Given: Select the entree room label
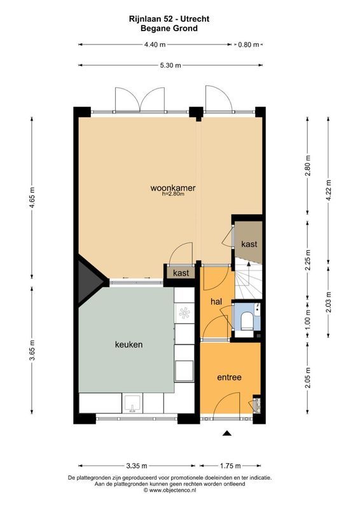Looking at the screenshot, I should pyautogui.click(x=229, y=377).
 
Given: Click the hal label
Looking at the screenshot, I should pyautogui.click(x=216, y=302).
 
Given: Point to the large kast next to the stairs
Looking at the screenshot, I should pyautogui.click(x=249, y=244).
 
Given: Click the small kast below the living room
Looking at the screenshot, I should pyautogui.click(x=181, y=273).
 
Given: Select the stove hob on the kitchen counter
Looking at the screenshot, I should pyautogui.click(x=184, y=314).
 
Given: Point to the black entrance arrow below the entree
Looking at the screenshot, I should pyautogui.click(x=226, y=434).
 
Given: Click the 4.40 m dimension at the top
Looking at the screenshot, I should pyautogui.click(x=155, y=45).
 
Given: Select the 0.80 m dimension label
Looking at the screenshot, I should pyautogui.click(x=247, y=45).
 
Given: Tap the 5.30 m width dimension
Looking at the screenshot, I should pyautogui.click(x=170, y=65).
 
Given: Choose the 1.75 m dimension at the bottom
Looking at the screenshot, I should pyautogui.click(x=231, y=465).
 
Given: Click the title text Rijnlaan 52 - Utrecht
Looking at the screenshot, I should pyautogui.click(x=169, y=20).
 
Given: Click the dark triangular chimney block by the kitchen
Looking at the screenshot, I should pyautogui.click(x=88, y=280).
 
